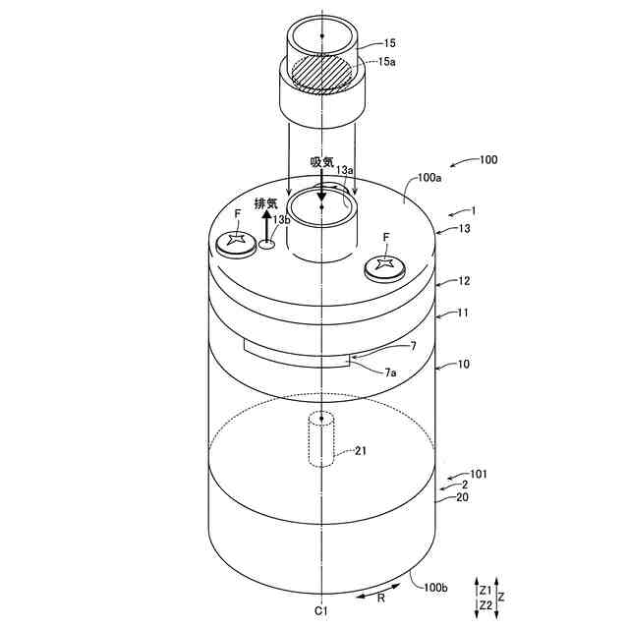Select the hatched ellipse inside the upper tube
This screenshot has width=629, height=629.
[x=321, y=72]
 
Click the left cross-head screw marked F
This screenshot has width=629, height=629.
[x=236, y=241]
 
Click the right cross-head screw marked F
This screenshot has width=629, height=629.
[x=385, y=264]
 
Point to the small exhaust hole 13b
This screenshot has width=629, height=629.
[x=265, y=246]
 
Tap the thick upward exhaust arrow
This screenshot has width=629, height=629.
[x=265, y=224]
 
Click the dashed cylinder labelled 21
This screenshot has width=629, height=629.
[x=319, y=440]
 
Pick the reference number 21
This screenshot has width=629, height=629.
[x=362, y=451]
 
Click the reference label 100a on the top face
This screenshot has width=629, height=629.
[x=429, y=178]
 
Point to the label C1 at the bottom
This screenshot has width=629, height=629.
[x=320, y=610]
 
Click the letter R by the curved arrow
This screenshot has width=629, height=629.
[x=380, y=597]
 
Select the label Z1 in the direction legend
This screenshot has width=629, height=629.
[x=486, y=591]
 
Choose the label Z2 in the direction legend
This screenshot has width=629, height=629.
[x=486, y=605]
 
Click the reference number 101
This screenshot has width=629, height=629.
[x=478, y=474]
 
